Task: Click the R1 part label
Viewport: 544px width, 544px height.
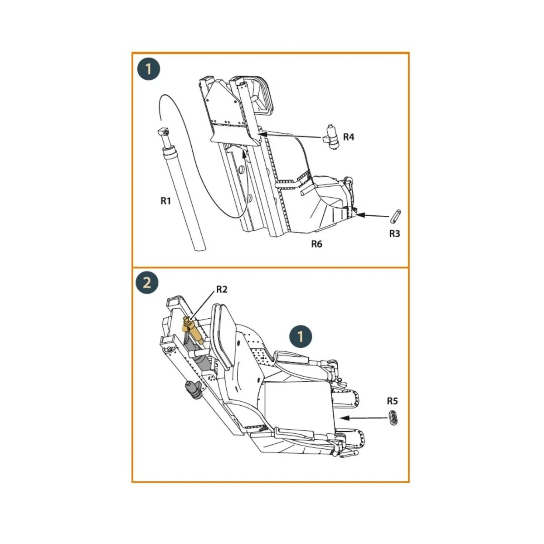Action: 165,200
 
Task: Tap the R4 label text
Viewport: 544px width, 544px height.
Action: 348,137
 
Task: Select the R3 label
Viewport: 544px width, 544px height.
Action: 394,233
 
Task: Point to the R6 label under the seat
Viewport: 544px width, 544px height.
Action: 316,244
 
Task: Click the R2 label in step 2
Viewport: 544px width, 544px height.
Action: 221,289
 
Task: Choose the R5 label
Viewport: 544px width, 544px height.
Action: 392,401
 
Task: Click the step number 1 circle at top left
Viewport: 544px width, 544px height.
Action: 148,69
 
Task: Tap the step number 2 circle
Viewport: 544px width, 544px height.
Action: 147,283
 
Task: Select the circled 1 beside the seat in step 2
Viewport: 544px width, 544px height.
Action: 300,337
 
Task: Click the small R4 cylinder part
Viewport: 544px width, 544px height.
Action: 332,137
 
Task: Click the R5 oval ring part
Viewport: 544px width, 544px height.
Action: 394,417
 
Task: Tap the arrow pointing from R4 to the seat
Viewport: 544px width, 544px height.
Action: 290,135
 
